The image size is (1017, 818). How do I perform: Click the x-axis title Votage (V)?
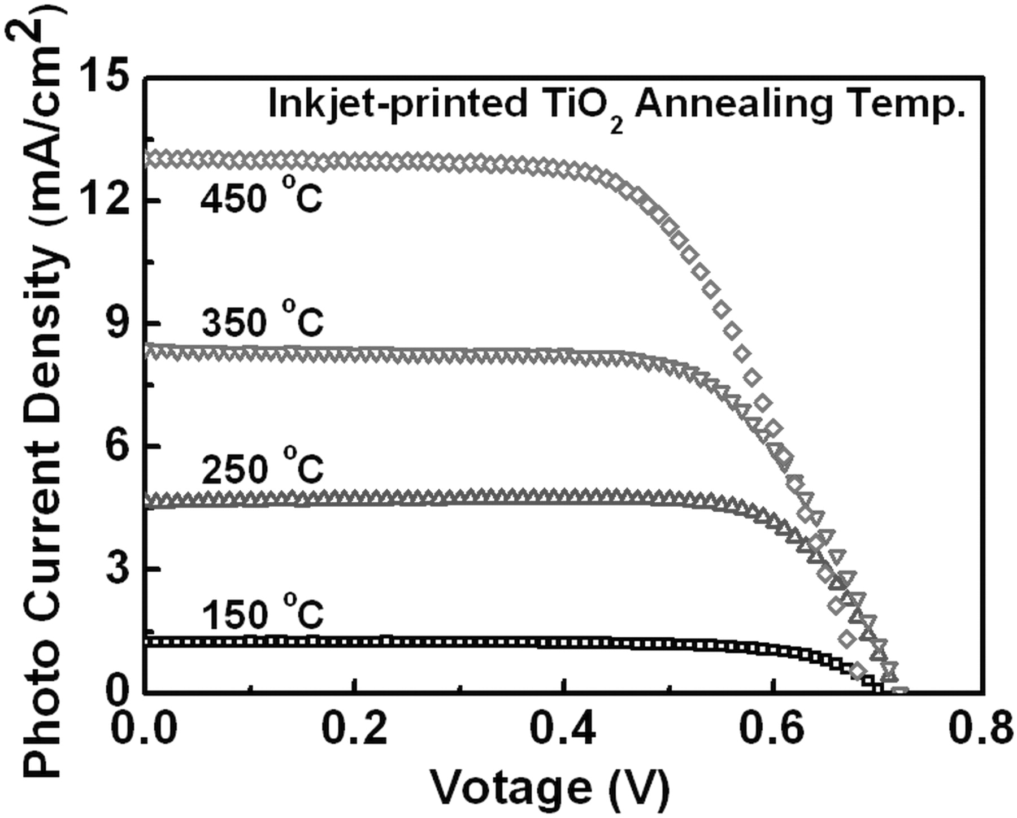pos(550,787)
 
